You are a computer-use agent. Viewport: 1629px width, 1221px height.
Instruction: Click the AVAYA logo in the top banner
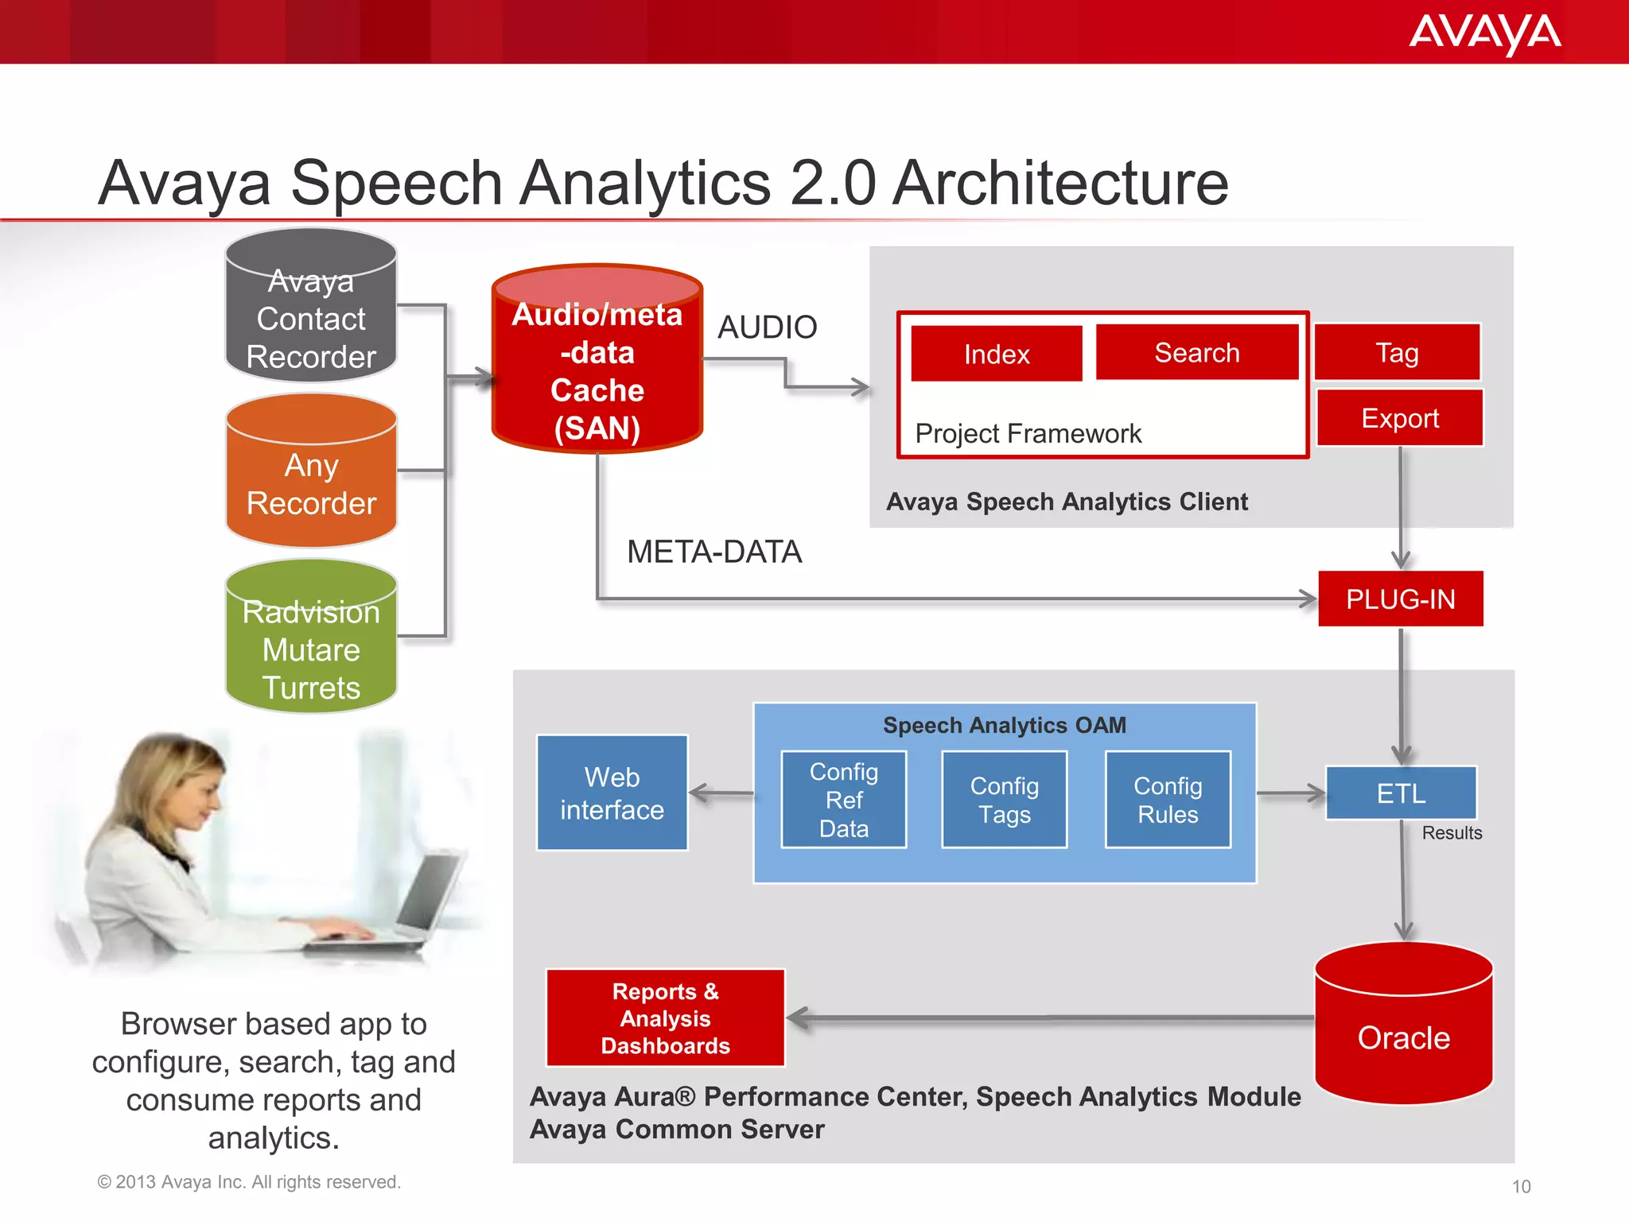(1484, 33)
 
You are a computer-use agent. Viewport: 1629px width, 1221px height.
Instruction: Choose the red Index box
(996, 354)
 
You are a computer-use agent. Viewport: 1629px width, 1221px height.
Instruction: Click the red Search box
(1196, 352)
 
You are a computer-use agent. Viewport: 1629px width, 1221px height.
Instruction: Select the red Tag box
(1397, 352)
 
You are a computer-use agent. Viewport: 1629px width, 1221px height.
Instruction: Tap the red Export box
(1400, 418)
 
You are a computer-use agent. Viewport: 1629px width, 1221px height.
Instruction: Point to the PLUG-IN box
(1400, 599)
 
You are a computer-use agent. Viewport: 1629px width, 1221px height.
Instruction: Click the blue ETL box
(1401, 793)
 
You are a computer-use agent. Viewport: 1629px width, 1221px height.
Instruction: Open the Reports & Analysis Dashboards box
(665, 1018)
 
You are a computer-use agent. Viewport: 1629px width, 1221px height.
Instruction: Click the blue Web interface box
(612, 793)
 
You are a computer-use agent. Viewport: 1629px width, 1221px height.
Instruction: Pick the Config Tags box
(1004, 800)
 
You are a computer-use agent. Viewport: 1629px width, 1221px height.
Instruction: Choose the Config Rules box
(1167, 800)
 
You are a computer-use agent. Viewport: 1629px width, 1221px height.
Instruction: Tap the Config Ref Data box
(843, 800)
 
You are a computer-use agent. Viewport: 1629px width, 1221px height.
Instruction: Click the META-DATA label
(713, 552)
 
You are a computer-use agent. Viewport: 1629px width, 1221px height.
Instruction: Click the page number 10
(1521, 1187)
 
